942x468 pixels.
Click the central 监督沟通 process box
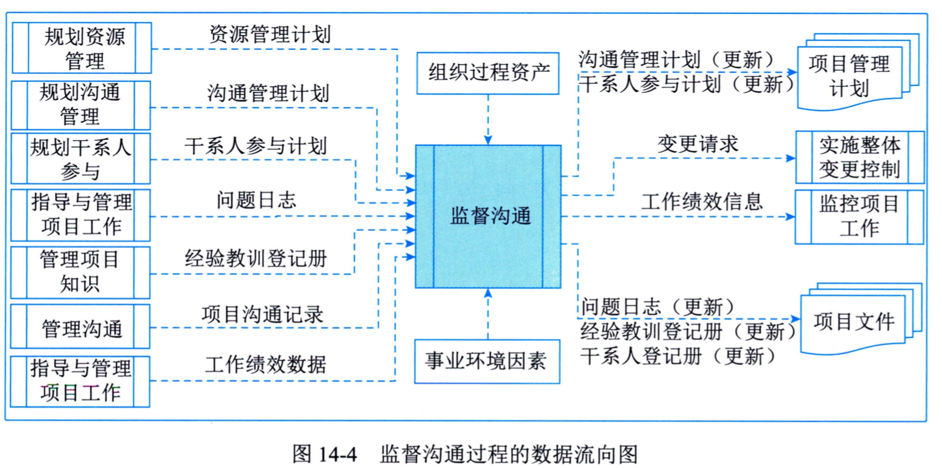488,216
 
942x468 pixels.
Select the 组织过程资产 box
488,73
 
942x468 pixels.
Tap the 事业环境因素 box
487,361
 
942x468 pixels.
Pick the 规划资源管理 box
82,48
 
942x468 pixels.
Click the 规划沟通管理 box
81,105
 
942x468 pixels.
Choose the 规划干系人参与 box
81,159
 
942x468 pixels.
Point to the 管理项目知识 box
81,272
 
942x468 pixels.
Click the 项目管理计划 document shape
850,76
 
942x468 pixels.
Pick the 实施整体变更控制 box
860,158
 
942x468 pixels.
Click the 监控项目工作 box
859,216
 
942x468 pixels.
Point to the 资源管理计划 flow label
270,35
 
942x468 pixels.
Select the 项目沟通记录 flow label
262,314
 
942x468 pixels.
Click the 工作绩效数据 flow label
265,365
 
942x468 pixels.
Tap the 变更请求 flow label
698,144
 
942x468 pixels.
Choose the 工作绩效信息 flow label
702,202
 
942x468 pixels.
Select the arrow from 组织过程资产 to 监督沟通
488,119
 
